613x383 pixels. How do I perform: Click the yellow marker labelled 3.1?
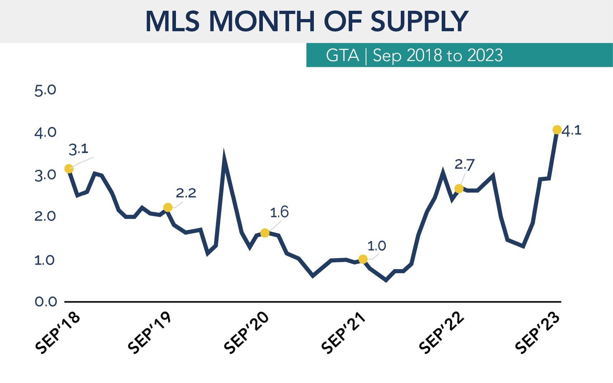[69, 169]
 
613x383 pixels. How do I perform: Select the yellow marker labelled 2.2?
[168, 207]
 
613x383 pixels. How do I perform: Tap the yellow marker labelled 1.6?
[265, 233]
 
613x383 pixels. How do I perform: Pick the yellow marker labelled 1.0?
[363, 259]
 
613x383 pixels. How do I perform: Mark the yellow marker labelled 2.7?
[459, 188]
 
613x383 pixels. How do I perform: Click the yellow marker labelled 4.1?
[557, 130]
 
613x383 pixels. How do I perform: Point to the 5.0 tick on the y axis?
[45, 90]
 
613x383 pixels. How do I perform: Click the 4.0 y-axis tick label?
[45, 133]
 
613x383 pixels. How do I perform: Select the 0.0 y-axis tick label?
[46, 302]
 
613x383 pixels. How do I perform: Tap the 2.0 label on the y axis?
[45, 216]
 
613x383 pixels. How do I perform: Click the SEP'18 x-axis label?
[58, 332]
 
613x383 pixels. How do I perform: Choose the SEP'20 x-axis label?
[246, 332]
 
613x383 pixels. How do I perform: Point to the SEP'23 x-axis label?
[537, 332]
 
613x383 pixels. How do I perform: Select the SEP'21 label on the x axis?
[343, 332]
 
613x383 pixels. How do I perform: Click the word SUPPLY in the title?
[419, 22]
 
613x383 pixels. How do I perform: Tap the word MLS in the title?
[172, 22]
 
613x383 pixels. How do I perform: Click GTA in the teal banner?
[342, 55]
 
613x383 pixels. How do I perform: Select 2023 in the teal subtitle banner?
[485, 55]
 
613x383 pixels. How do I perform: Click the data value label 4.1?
[572, 130]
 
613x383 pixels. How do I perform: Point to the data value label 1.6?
[279, 212]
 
